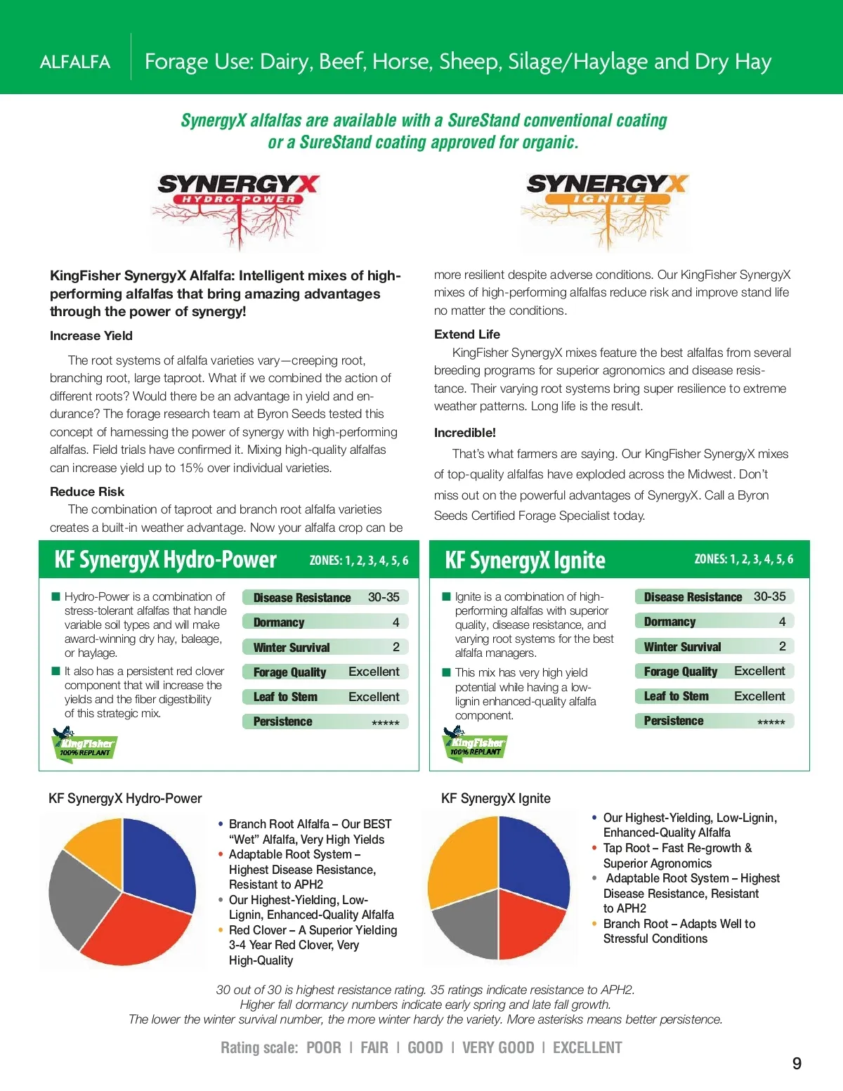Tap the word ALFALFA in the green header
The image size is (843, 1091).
pos(75,62)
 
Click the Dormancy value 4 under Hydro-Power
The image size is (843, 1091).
pos(396,622)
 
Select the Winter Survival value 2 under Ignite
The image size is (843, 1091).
pos(782,646)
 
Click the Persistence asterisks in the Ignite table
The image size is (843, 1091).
pos(771,722)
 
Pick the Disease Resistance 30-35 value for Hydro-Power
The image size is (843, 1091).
pos(384,597)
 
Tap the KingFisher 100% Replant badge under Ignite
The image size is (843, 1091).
pos(475,744)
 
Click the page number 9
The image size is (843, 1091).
pos(797,1064)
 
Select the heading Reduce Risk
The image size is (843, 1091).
pos(87,492)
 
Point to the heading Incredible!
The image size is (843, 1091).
pos(464,433)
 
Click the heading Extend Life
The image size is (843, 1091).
pos(467,334)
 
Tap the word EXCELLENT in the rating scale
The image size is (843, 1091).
pos(587,1048)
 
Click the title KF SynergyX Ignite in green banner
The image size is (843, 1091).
pos(525,561)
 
